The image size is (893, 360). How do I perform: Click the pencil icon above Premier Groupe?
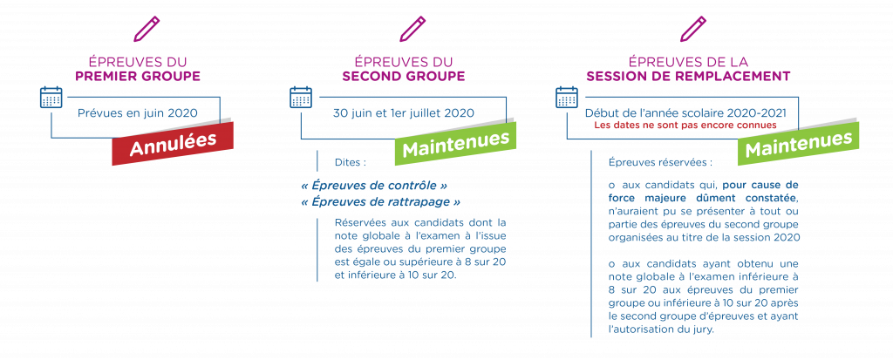click(x=147, y=29)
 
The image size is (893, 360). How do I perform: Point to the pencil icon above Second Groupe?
click(x=412, y=29)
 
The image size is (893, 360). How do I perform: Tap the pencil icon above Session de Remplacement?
click(x=692, y=29)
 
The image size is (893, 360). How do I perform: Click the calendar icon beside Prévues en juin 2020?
click(x=51, y=98)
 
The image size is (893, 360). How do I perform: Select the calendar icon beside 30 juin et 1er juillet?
click(x=301, y=98)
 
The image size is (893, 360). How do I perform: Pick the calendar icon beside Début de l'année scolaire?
click(x=567, y=98)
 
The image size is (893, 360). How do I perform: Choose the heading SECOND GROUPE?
click(x=403, y=77)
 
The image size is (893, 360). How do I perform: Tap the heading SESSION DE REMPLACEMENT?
click(x=688, y=77)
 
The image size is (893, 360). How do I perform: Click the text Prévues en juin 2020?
click(x=138, y=112)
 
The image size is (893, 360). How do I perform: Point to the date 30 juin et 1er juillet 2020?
click(x=403, y=112)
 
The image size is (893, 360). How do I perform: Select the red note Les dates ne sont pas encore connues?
click(x=685, y=125)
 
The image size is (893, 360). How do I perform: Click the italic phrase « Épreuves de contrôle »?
click(x=373, y=187)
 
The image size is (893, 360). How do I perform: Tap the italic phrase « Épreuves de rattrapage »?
click(x=380, y=202)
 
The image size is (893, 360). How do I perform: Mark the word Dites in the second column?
click(x=351, y=162)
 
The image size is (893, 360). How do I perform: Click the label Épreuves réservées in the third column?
click(x=661, y=162)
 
